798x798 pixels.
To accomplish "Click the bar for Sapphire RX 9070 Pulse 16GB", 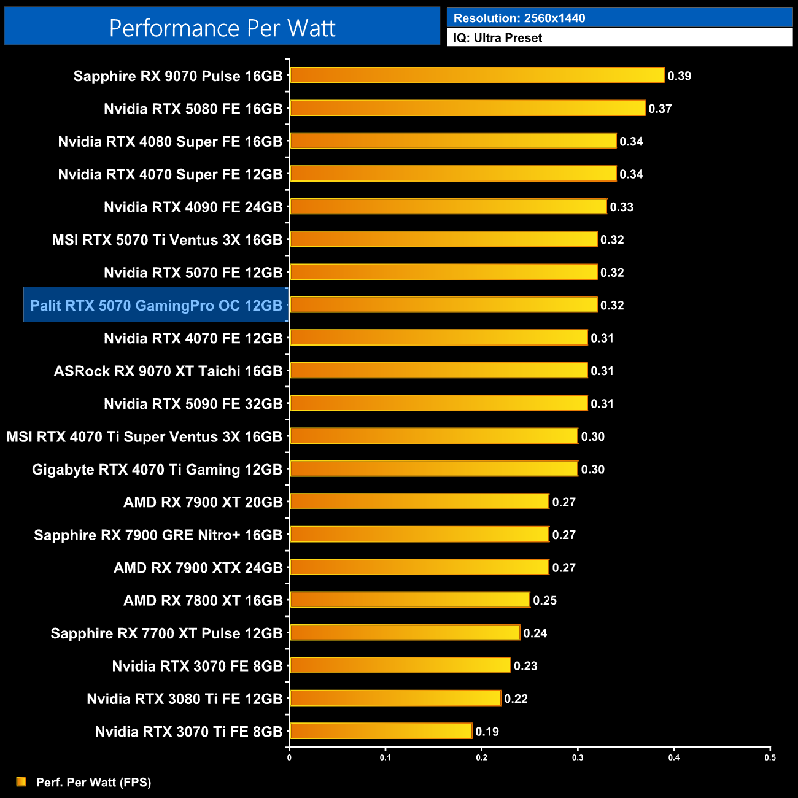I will tap(477, 76).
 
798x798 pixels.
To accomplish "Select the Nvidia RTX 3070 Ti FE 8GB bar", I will tap(381, 731).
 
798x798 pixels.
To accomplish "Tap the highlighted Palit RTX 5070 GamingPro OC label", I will tap(156, 305).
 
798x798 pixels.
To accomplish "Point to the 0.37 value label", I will tap(660, 109).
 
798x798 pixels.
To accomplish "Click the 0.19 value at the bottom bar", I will tap(487, 732).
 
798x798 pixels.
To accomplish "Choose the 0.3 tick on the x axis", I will tap(578, 757).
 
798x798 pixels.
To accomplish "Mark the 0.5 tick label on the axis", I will tap(770, 757).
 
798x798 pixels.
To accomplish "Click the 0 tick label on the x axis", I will tap(289, 757).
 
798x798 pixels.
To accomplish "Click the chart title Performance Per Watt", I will tap(222, 28).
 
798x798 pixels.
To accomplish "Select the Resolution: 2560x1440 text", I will tap(519, 18).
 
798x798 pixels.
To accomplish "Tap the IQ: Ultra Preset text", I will tap(497, 38).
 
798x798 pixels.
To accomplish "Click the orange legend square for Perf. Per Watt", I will tap(21, 781).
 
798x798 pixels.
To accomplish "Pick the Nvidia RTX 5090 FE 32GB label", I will tap(193, 404).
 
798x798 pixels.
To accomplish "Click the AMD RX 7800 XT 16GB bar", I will tap(409, 600).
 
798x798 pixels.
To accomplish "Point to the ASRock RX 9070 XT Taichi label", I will tap(168, 371).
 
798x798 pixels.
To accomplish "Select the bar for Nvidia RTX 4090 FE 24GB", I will tap(448, 207).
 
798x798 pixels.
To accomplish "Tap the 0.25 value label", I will tap(544, 600).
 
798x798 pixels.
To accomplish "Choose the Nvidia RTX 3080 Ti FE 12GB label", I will tap(184, 699).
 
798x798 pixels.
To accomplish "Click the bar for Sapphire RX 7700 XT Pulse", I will tap(405, 633).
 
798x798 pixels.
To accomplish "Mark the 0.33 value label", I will tap(621, 207).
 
